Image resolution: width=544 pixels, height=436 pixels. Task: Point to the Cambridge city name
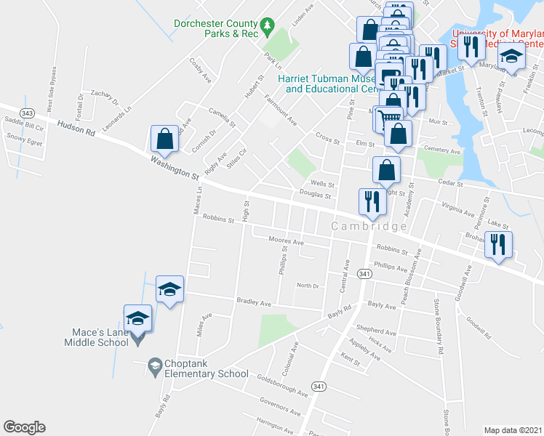tap(369, 227)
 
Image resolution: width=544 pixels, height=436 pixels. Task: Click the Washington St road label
tap(175, 167)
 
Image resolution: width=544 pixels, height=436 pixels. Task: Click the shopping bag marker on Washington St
tap(165, 139)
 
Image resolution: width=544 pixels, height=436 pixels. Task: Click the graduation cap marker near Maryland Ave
tap(511, 55)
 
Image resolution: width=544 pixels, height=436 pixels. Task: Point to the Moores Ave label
tap(286, 241)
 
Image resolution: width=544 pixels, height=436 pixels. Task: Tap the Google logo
tap(24, 427)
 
